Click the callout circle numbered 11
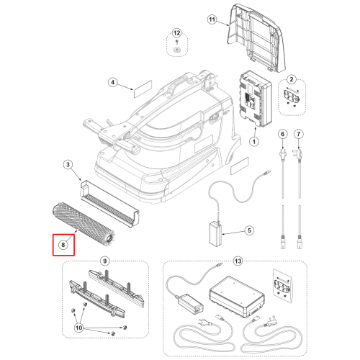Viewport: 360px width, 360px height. tap(212, 19)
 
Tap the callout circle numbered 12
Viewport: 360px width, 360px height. tap(176, 33)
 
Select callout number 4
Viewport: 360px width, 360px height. tap(113, 83)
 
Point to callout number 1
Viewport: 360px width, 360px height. tap(254, 142)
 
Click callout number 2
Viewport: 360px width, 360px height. tap(292, 79)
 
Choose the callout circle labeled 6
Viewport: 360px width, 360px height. tap(283, 134)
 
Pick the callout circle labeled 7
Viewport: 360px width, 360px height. tap(299, 134)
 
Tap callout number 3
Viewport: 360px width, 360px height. tap(68, 165)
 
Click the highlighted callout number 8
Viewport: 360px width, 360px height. tap(63, 245)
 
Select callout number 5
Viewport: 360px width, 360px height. tap(249, 230)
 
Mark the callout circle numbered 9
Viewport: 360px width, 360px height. tap(104, 261)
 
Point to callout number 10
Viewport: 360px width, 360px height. tap(79, 328)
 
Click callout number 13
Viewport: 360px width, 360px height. tap(238, 261)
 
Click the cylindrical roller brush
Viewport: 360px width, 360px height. tap(85, 222)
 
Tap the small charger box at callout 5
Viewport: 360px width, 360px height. tap(215, 234)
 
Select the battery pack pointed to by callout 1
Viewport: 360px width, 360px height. tap(256, 99)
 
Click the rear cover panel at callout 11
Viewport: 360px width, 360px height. tap(257, 37)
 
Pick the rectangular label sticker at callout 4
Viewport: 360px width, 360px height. tap(143, 89)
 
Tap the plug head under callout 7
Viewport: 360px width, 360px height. tap(298, 153)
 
